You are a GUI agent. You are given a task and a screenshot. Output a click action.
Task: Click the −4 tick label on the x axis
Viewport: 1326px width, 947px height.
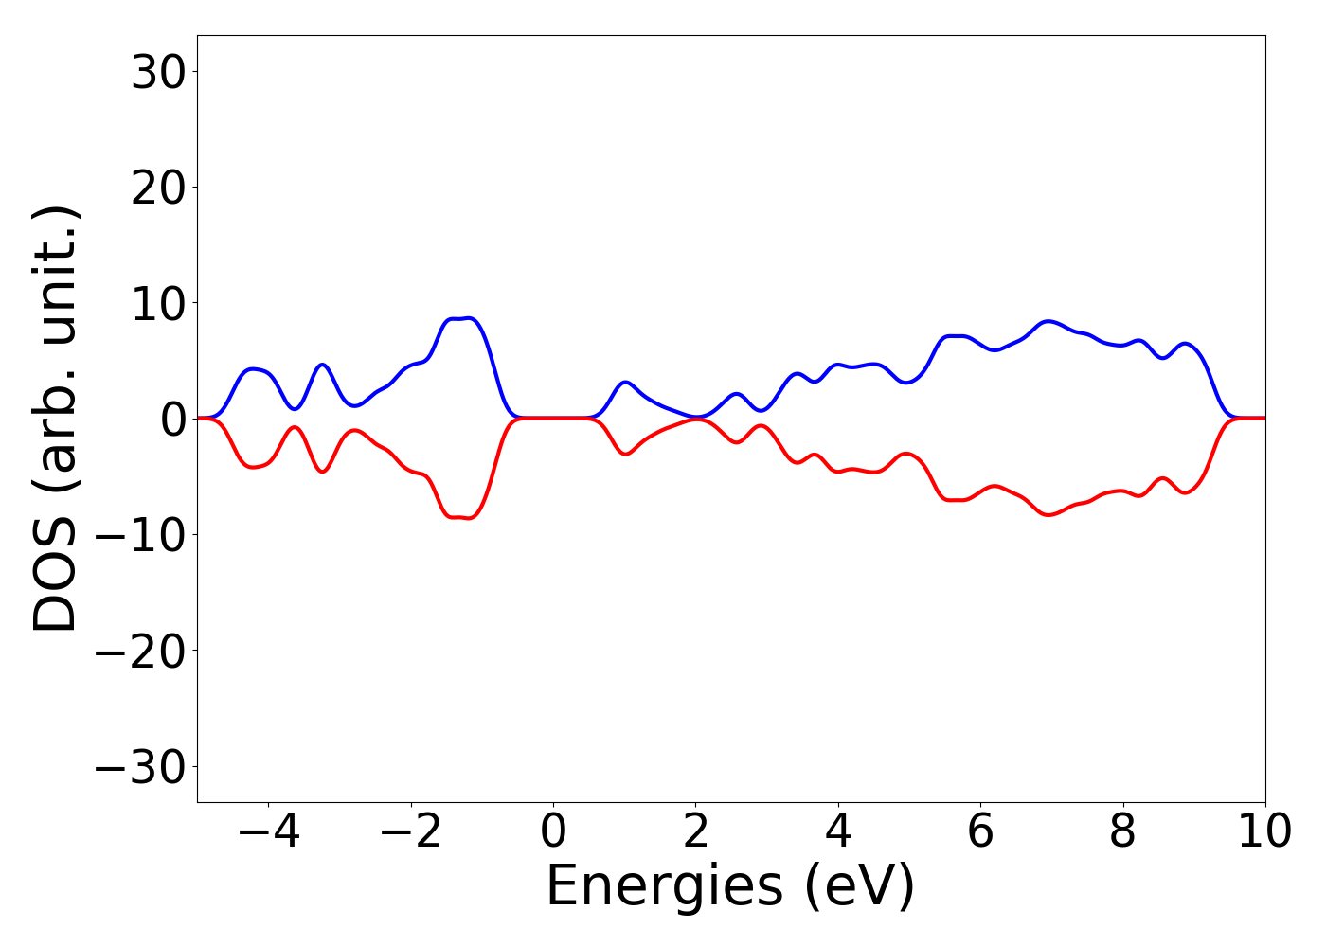[268, 832]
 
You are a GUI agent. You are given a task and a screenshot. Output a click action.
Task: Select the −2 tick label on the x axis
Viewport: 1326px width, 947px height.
[410, 832]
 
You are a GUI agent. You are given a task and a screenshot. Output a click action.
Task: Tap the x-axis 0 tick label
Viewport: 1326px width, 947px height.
[553, 832]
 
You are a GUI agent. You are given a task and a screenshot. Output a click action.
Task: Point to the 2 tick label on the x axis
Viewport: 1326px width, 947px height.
[696, 832]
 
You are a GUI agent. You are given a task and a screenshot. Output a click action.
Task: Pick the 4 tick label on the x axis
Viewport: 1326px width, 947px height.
[838, 832]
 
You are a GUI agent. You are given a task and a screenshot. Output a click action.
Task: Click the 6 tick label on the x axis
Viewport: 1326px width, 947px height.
[980, 832]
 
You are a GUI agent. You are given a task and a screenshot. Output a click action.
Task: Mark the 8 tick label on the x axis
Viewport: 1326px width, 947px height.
[1122, 832]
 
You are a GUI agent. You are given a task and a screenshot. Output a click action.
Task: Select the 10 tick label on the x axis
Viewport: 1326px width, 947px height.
[1263, 832]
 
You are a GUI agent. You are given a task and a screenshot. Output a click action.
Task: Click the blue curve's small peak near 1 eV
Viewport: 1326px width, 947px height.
[625, 382]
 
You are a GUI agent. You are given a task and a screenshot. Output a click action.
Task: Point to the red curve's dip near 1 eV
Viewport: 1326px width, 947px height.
[625, 455]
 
